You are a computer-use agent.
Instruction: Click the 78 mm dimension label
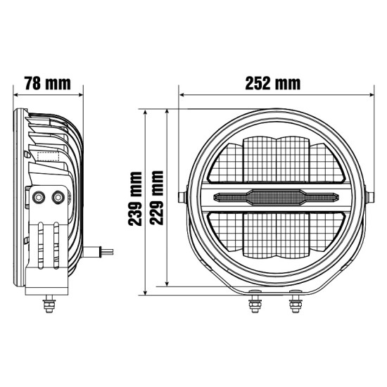[x=48, y=83]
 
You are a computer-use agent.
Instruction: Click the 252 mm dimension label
[x=273, y=83]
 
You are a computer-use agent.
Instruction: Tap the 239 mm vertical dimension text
[x=135, y=199]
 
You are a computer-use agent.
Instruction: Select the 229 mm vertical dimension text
[x=157, y=198]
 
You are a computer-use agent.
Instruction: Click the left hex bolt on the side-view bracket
[x=39, y=197]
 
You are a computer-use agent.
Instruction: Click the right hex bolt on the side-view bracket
[x=58, y=197]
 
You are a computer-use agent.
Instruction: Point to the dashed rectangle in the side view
[x=48, y=157]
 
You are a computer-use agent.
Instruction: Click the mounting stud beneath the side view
[x=49, y=303]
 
